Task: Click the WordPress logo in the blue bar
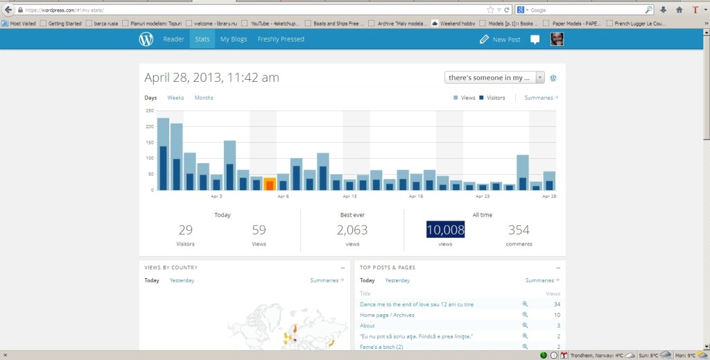pyautogui.click(x=146, y=40)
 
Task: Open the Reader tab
pyautogui.click(x=173, y=40)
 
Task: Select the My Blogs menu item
pyautogui.click(x=234, y=40)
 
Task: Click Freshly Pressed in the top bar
pyautogui.click(x=281, y=40)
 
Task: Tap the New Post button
pyautogui.click(x=500, y=40)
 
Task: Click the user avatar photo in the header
pyautogui.click(x=557, y=40)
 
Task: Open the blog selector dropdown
pyautogui.click(x=494, y=78)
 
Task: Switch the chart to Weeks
pyautogui.click(x=175, y=98)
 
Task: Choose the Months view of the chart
pyautogui.click(x=204, y=98)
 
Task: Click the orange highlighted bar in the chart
pyautogui.click(x=270, y=184)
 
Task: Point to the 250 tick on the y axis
pyautogui.click(x=150, y=111)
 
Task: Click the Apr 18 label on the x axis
pyautogui.click(x=416, y=196)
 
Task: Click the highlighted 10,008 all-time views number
pyautogui.click(x=445, y=230)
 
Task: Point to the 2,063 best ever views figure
pyautogui.click(x=352, y=230)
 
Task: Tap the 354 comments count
pyautogui.click(x=519, y=230)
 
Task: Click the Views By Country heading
pyautogui.click(x=171, y=268)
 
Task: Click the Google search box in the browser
pyautogui.click(x=589, y=10)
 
